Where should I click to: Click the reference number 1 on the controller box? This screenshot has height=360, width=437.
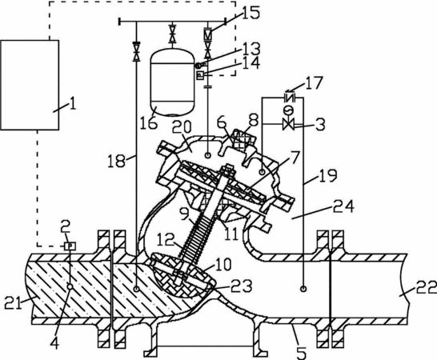(x=73, y=104)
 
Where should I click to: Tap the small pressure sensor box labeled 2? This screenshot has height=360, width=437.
(x=70, y=246)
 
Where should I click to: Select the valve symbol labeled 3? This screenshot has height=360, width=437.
(x=288, y=124)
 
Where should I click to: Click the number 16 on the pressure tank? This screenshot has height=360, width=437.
(x=148, y=122)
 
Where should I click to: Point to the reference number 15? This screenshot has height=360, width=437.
(x=251, y=13)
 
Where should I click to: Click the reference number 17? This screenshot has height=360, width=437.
(x=314, y=82)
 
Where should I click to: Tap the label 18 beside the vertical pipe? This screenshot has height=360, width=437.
(x=117, y=161)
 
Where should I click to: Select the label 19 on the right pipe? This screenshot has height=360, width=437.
(x=328, y=175)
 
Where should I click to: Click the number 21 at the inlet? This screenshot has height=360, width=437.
(x=13, y=302)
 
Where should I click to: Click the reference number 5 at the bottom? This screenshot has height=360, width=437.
(x=300, y=352)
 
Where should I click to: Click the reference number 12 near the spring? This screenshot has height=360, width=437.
(x=165, y=239)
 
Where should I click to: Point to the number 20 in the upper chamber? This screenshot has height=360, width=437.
(x=182, y=127)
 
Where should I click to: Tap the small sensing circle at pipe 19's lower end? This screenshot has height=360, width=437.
(x=303, y=289)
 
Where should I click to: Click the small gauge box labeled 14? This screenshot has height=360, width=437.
(x=200, y=75)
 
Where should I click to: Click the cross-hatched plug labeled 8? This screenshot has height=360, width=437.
(x=240, y=140)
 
